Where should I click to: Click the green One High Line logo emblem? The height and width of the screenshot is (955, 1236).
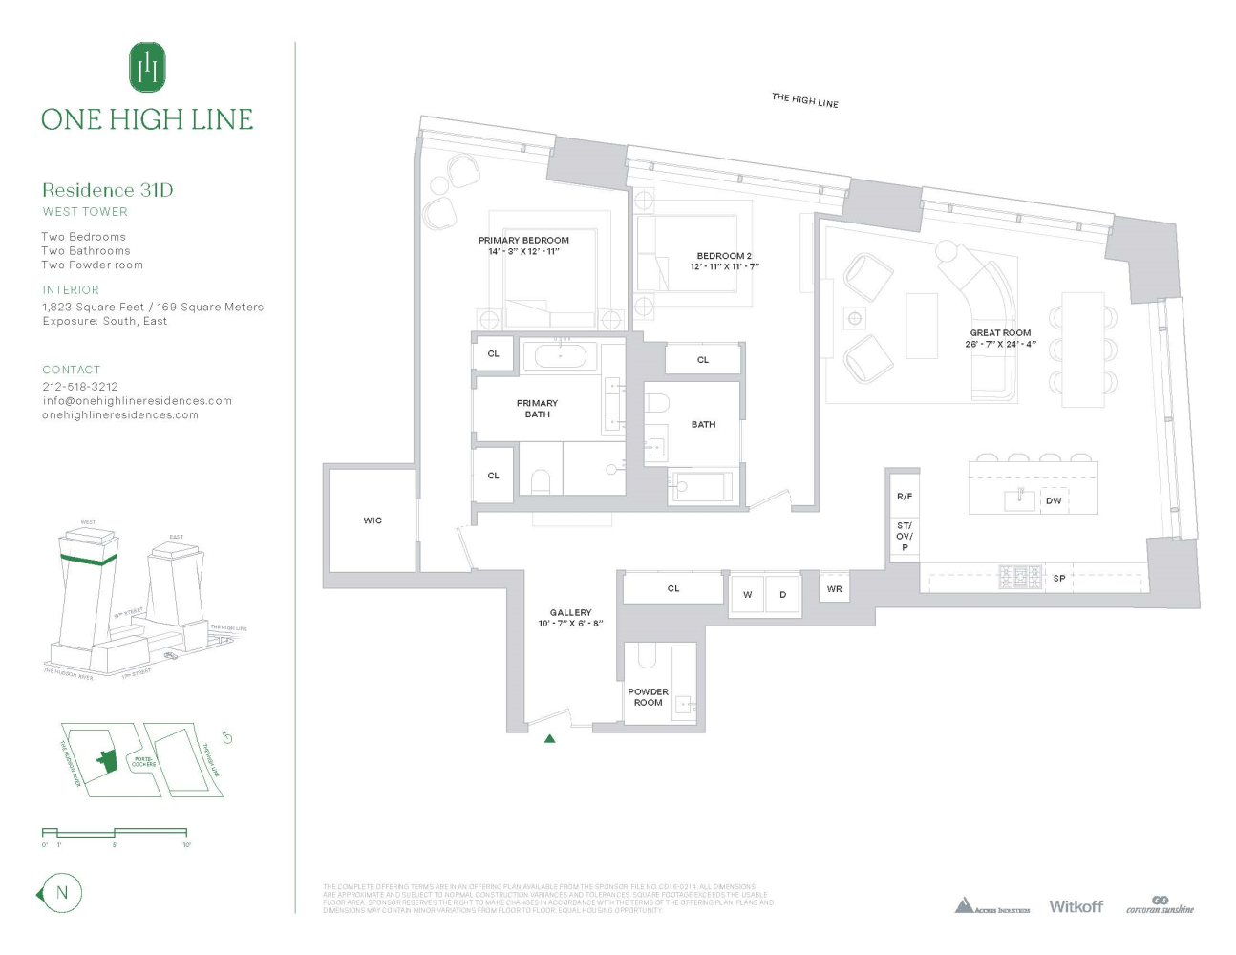click(x=147, y=67)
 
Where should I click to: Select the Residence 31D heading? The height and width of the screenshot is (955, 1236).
click(x=107, y=190)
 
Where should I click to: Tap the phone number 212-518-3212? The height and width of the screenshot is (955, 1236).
click(x=80, y=387)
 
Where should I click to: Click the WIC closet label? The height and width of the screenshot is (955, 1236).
click(x=373, y=520)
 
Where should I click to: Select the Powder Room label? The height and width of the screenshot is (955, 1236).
click(x=648, y=697)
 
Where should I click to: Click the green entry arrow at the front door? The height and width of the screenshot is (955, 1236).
click(x=549, y=738)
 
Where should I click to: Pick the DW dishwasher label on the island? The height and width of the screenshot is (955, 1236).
click(x=1054, y=500)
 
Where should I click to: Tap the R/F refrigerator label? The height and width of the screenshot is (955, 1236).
click(x=904, y=497)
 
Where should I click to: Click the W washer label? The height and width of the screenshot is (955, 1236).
click(x=747, y=595)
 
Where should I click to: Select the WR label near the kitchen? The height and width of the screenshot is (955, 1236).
click(x=834, y=589)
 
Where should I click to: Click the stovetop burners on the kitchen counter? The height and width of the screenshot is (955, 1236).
click(x=1019, y=577)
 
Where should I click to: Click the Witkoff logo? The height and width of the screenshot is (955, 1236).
click(x=1076, y=906)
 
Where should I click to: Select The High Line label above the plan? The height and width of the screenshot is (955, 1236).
click(x=804, y=100)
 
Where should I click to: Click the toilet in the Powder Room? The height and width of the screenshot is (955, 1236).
click(x=646, y=656)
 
